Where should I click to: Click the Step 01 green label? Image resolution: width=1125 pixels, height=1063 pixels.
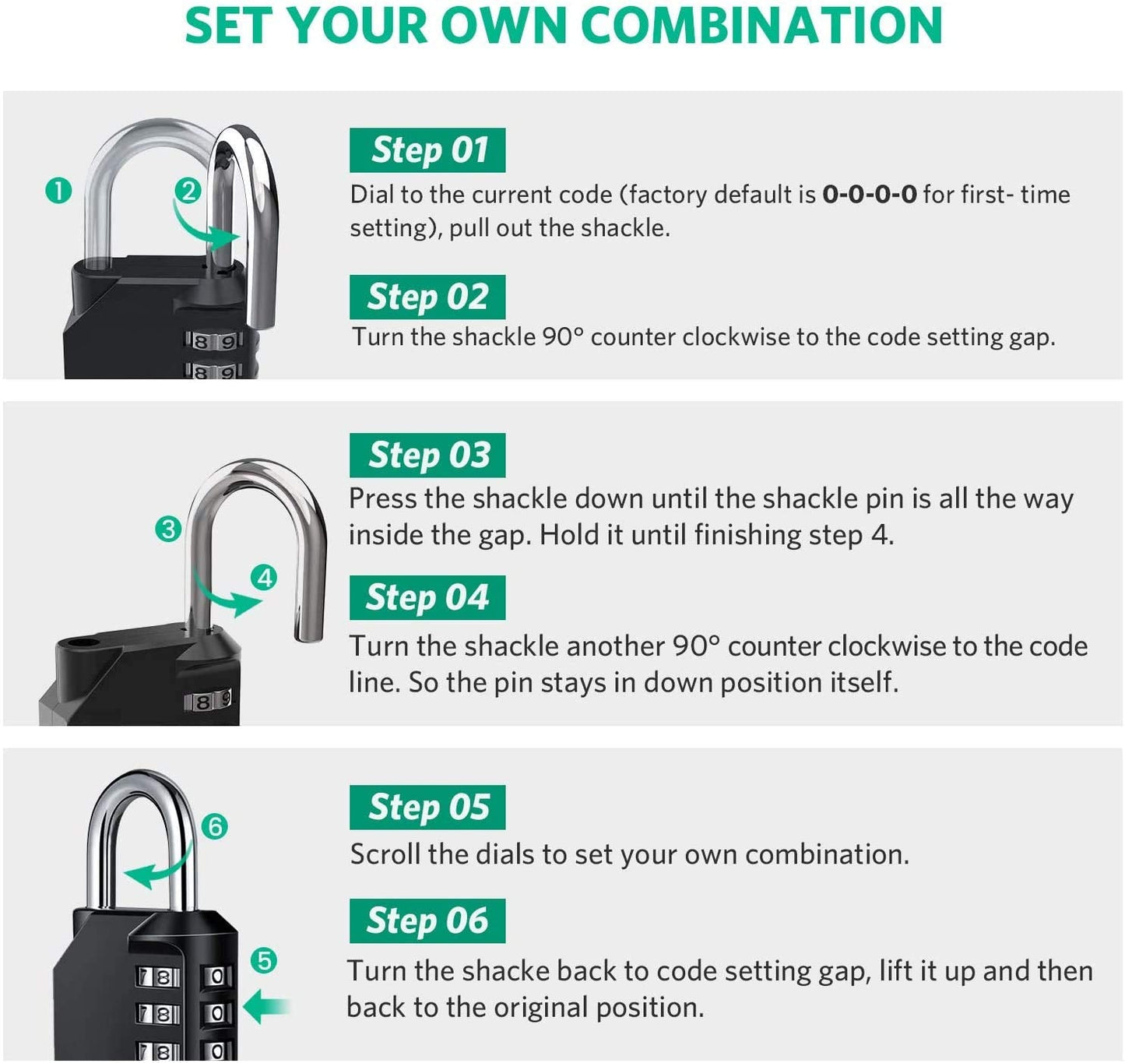coord(427,150)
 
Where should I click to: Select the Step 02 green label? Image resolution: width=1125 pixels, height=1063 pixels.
coord(427,297)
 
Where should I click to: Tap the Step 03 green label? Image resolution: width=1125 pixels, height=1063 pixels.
coord(427,456)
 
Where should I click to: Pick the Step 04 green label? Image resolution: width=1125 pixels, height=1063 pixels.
coord(427,598)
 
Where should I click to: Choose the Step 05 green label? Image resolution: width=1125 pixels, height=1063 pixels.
coord(427,808)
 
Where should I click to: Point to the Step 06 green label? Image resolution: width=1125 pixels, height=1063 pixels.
coord(427,921)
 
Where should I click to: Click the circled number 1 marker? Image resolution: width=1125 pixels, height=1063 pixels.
coord(58,191)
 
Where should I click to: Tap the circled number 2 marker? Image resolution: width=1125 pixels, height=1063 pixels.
coord(187,191)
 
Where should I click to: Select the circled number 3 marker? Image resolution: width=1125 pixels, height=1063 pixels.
coord(168,530)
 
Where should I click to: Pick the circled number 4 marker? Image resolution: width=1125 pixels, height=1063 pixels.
coord(265,578)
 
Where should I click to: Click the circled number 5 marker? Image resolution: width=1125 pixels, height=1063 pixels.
coord(265,961)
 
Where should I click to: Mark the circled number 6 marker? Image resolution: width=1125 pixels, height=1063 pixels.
coord(215,826)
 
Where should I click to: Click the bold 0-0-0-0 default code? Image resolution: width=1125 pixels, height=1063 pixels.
coord(869,194)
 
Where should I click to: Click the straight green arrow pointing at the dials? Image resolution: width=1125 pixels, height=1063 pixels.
coord(266,1008)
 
